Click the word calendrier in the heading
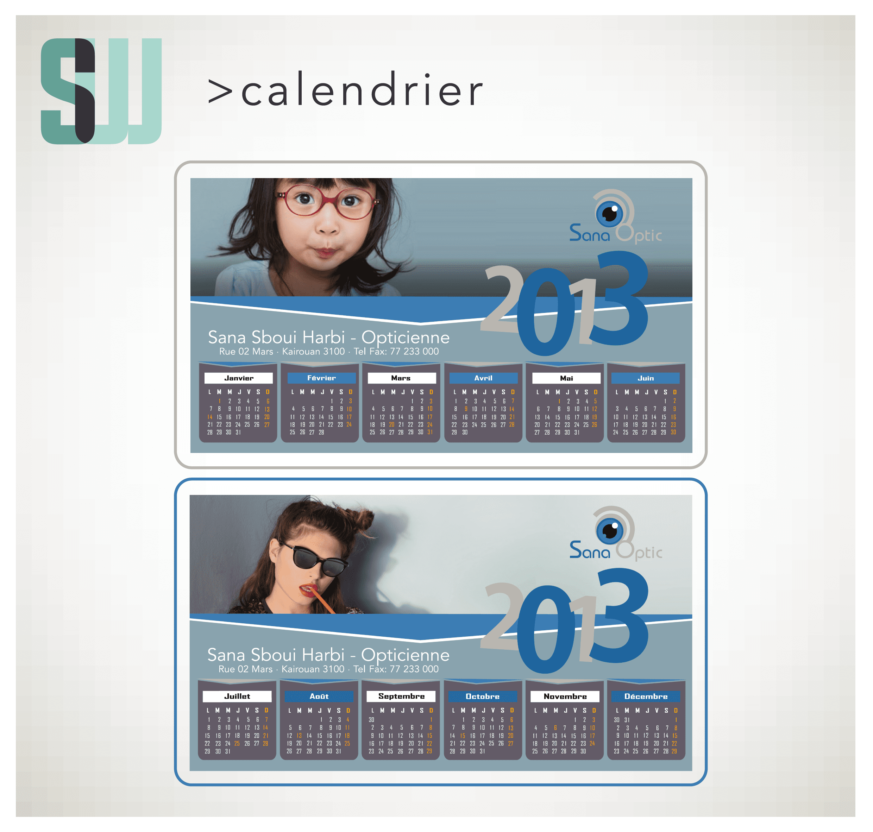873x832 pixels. pyautogui.click(x=361, y=90)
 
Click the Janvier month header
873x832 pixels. pyautogui.click(x=239, y=378)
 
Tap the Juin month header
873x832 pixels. pyautogui.click(x=646, y=378)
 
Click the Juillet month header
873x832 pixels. pyautogui.click(x=237, y=696)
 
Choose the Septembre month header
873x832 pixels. pyautogui.click(x=401, y=696)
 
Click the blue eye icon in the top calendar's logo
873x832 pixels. pyautogui.click(x=609, y=214)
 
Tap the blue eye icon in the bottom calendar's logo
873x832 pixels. pyautogui.click(x=609, y=531)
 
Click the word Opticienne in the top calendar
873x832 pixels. pyautogui.click(x=406, y=338)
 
